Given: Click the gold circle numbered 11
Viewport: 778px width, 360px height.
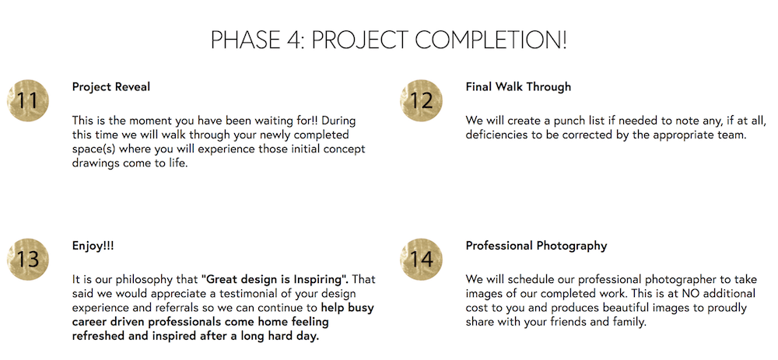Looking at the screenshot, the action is [x=28, y=100].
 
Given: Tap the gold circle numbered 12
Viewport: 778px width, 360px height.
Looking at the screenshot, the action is [x=421, y=100].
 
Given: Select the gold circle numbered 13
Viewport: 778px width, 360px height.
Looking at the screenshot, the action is [x=28, y=260].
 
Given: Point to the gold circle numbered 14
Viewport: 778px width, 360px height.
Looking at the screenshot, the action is [x=421, y=260].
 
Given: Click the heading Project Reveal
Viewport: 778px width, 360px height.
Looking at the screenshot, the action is [x=111, y=87].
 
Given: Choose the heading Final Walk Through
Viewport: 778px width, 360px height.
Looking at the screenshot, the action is [x=518, y=87].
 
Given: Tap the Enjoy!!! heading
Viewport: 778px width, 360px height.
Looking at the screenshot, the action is [x=93, y=246].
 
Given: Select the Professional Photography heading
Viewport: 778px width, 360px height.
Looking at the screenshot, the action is [x=536, y=246].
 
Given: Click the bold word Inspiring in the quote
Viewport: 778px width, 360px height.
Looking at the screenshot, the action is [x=324, y=279].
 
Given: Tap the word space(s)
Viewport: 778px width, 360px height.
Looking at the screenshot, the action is [x=93, y=149].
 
